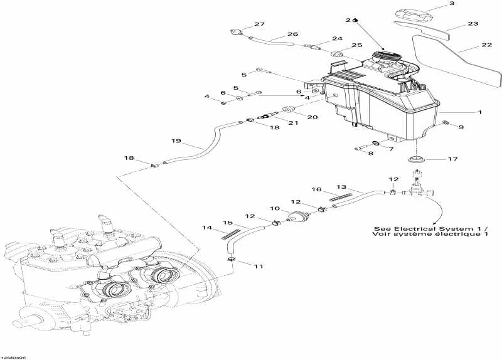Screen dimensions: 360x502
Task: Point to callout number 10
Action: pos(275,208)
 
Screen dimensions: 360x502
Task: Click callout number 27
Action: pos(259,24)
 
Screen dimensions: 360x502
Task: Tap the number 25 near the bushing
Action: pos(356,45)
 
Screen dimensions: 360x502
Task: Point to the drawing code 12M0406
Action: pos(13,357)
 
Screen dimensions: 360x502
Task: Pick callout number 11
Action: pos(259,267)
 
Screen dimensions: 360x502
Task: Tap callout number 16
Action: pos(317,189)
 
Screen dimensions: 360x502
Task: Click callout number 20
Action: pos(311,117)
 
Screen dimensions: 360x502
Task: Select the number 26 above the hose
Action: pos(292,34)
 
